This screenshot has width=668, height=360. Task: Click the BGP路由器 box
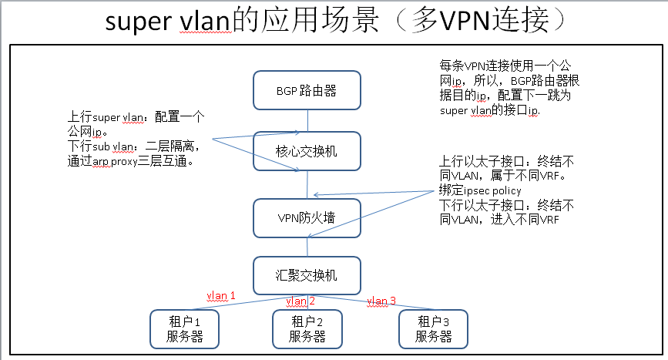[307, 90]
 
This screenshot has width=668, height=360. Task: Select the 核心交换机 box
[307, 151]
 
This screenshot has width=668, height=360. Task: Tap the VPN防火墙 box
[307, 217]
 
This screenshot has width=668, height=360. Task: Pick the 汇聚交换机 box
[307, 274]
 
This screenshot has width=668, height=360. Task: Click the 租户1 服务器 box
[184, 328]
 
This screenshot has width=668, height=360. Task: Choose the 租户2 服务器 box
[307, 328]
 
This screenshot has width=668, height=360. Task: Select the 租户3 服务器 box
[432, 328]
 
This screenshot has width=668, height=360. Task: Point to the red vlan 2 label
[300, 301]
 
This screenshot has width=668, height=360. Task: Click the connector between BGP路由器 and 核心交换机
[307, 120]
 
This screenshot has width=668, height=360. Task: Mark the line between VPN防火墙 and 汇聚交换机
[307, 247]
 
